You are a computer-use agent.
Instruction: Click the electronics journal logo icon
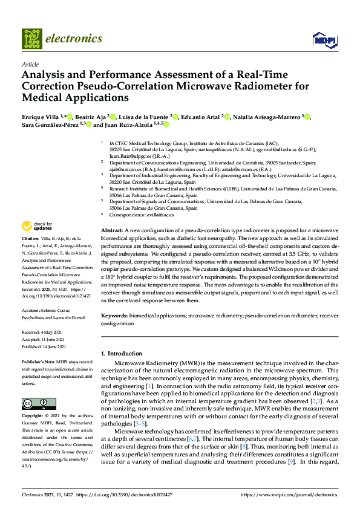(x=31, y=39)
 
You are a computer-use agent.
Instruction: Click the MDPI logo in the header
(x=324, y=40)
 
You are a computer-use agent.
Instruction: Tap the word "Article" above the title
(x=30, y=64)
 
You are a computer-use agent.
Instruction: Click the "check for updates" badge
(x=37, y=226)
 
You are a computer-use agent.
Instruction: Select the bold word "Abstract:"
(x=112, y=231)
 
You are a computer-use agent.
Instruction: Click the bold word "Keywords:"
(x=114, y=316)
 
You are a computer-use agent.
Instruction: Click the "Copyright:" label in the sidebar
(x=34, y=417)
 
